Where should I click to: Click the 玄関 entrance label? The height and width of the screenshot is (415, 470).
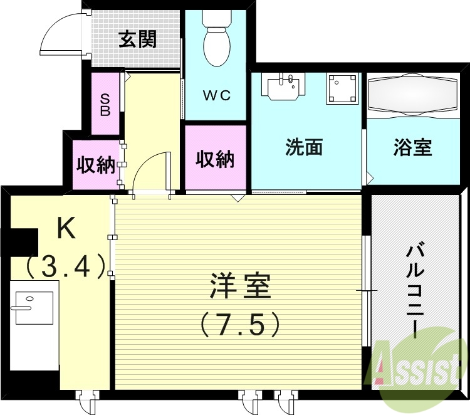point(138,39)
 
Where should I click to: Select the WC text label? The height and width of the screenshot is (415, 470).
point(216,96)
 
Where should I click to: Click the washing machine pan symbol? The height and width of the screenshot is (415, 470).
point(343,88)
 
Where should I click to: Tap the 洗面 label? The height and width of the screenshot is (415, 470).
point(304,147)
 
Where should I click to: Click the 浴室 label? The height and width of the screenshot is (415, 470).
point(412,148)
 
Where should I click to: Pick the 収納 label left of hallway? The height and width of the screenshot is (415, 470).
point(95,165)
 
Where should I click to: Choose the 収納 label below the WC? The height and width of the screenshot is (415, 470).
point(215,159)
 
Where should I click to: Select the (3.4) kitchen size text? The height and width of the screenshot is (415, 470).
point(65,267)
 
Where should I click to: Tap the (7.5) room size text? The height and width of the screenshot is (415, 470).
point(239,323)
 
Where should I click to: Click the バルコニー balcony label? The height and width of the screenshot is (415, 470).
point(414,292)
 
